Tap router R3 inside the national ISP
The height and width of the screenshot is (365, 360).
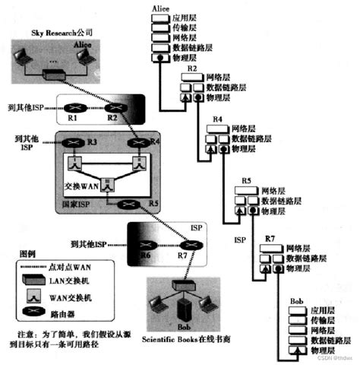(73, 143)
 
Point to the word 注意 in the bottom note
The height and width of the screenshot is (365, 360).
(27, 335)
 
